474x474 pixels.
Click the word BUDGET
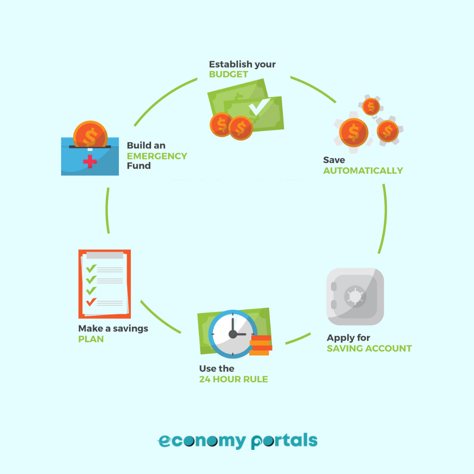(x=229, y=74)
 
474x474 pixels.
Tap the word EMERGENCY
(x=157, y=156)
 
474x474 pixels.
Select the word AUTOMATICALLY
(x=363, y=171)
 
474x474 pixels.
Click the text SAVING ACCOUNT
(x=369, y=348)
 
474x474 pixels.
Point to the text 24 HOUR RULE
(x=233, y=379)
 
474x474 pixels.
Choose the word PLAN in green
(x=91, y=339)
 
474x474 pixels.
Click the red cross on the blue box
(x=90, y=161)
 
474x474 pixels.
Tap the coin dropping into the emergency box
(x=90, y=134)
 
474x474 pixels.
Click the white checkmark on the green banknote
(x=259, y=106)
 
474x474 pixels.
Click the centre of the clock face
(x=232, y=334)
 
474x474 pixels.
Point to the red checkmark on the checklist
(x=91, y=302)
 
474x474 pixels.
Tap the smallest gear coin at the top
(x=371, y=107)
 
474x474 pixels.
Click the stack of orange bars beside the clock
(x=260, y=345)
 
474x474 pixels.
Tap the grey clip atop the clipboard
(x=105, y=255)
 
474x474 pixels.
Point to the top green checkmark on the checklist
(x=91, y=268)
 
